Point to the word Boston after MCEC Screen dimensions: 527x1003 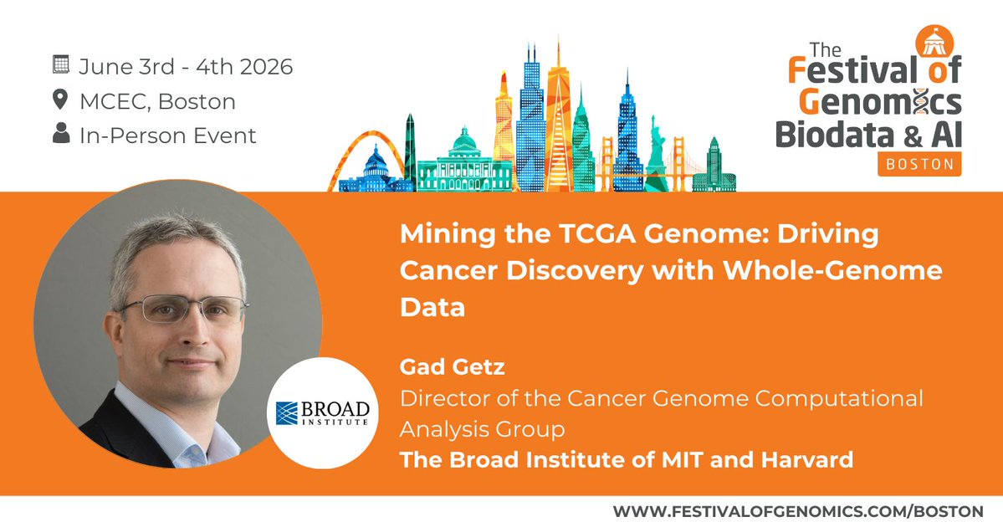point(197,102)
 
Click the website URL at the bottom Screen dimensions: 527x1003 point(797,510)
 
